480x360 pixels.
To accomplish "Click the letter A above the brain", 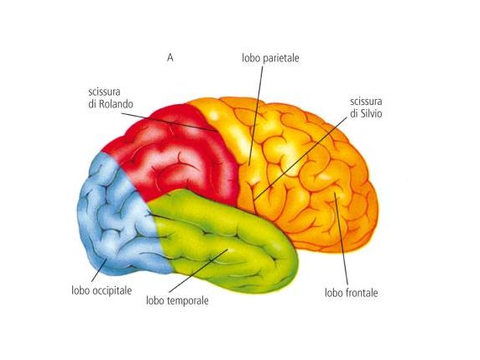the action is [170, 58].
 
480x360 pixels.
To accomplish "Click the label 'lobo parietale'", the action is [270, 58].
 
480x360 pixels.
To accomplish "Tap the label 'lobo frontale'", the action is [351, 293].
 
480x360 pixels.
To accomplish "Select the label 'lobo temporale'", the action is [177, 300].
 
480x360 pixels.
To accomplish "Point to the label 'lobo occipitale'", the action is [102, 290].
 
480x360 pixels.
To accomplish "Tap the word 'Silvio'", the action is [371, 113].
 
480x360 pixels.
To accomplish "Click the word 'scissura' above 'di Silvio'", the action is [366, 102].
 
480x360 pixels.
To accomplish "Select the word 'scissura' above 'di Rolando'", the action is [104, 91].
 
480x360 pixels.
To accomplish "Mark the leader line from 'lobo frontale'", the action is [342, 239].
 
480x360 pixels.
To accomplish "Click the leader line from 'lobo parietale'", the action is [256, 116].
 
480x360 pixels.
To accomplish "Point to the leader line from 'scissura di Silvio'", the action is [301, 158].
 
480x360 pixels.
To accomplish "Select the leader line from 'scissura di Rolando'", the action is [170, 122].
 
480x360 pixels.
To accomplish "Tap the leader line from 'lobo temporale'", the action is [198, 270].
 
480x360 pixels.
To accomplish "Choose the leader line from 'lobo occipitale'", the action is [99, 270].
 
